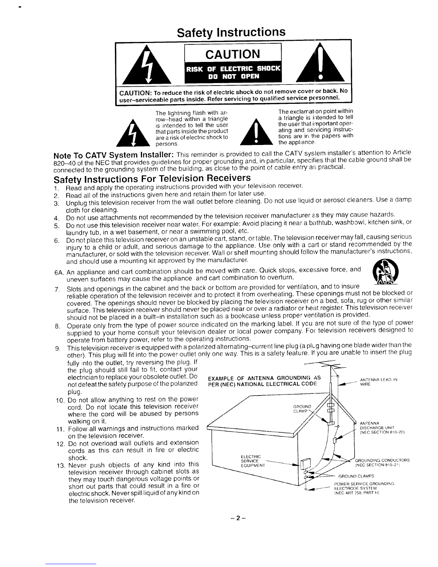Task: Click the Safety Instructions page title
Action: click(232, 32)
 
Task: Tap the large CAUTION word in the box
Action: click(233, 54)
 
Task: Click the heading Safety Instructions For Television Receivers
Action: click(151, 178)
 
